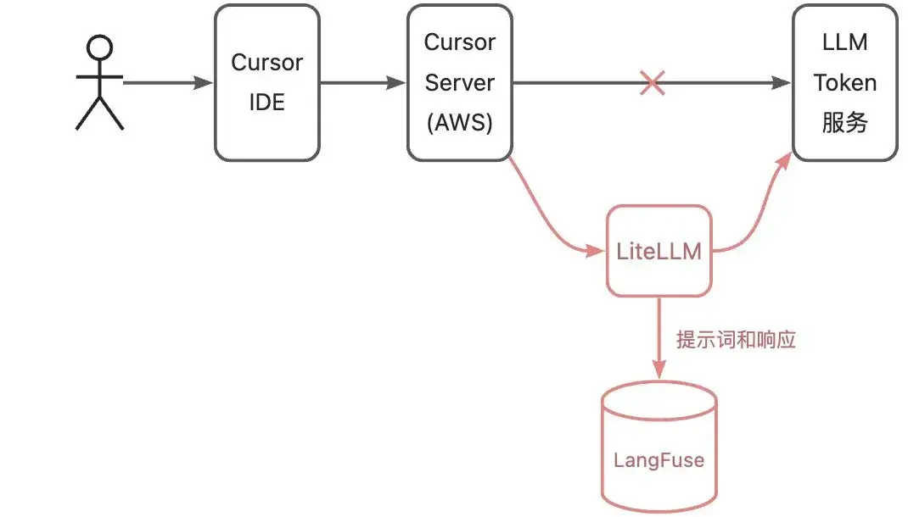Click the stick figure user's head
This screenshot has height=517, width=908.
(x=100, y=48)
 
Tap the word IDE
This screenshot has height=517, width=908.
(x=266, y=103)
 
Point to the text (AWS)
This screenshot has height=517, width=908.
(x=459, y=123)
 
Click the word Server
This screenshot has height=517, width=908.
(x=459, y=83)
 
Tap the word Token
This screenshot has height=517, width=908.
(x=844, y=83)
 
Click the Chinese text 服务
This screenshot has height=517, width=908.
(x=844, y=123)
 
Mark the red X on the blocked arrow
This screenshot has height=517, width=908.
(x=652, y=83)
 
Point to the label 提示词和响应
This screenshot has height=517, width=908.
(x=736, y=341)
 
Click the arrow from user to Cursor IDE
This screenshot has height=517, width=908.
(x=166, y=83)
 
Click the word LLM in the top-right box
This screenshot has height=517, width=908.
(x=844, y=42)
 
